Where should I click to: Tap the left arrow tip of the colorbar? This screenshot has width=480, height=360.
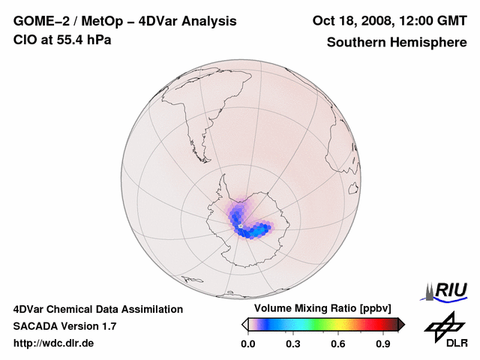pos(244,324)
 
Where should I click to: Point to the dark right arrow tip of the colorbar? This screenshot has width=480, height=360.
pos(401,324)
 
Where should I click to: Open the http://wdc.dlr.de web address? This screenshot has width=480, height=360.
pos(54,343)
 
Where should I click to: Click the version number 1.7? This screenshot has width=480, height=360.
pos(108,326)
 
